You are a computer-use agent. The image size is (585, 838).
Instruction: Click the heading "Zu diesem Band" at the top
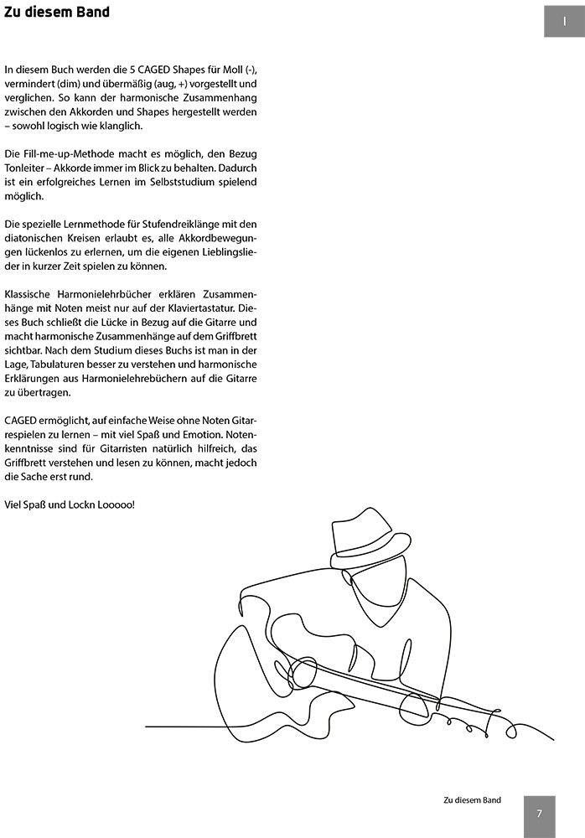[x=56, y=13]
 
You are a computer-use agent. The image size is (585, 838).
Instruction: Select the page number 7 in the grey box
[x=540, y=813]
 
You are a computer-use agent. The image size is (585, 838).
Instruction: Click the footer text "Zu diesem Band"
[x=472, y=800]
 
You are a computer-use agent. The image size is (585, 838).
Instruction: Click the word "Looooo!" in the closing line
[x=113, y=505]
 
